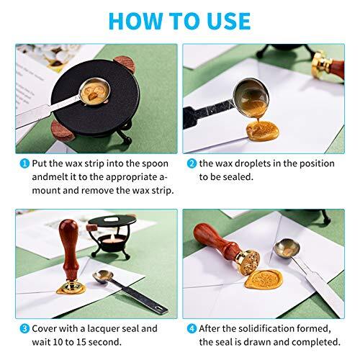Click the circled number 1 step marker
(x=24, y=164)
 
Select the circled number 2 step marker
(x=192, y=164)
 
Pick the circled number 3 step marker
(x=24, y=328)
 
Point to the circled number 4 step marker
(x=192, y=328)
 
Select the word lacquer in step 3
(x=99, y=328)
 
